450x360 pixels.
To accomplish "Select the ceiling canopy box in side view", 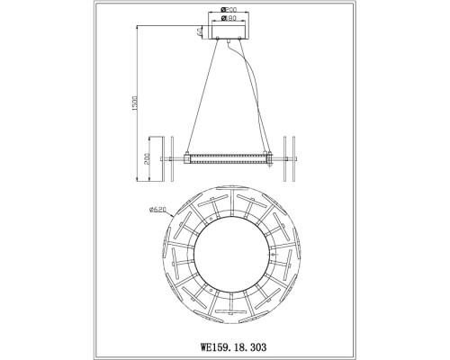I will point(229,32).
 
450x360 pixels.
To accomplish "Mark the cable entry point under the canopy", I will point(237,40).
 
